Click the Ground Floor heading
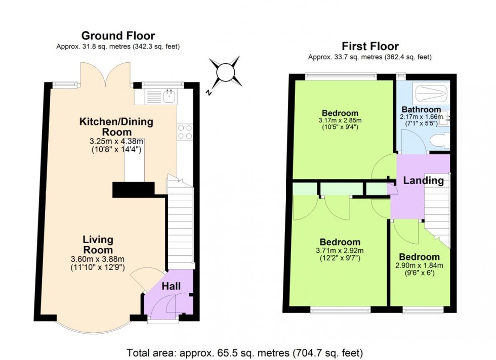[x=118, y=36]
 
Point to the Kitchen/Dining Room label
[x=116, y=126]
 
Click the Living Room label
[x=98, y=245]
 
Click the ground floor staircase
[x=181, y=222]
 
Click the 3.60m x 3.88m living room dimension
[x=98, y=260]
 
